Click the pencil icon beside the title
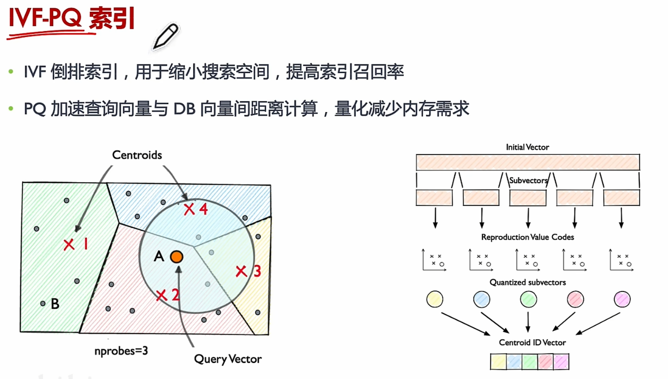(x=165, y=37)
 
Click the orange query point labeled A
(x=177, y=256)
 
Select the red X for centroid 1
(x=69, y=244)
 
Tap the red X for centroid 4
(x=189, y=210)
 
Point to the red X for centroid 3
(x=241, y=271)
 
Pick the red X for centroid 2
(x=161, y=295)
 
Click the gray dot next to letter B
(x=43, y=303)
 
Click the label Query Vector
(x=228, y=359)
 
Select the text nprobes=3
(x=121, y=351)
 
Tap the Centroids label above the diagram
(x=137, y=155)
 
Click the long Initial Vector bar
(x=527, y=162)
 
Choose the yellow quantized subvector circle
(x=434, y=299)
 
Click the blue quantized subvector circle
(x=481, y=299)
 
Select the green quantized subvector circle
(x=528, y=299)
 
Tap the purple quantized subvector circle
(x=622, y=299)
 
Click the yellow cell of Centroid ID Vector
(x=498, y=362)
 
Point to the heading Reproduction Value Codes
(x=527, y=237)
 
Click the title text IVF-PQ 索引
(x=72, y=20)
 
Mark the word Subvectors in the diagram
(x=528, y=181)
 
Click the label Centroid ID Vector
(x=532, y=342)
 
